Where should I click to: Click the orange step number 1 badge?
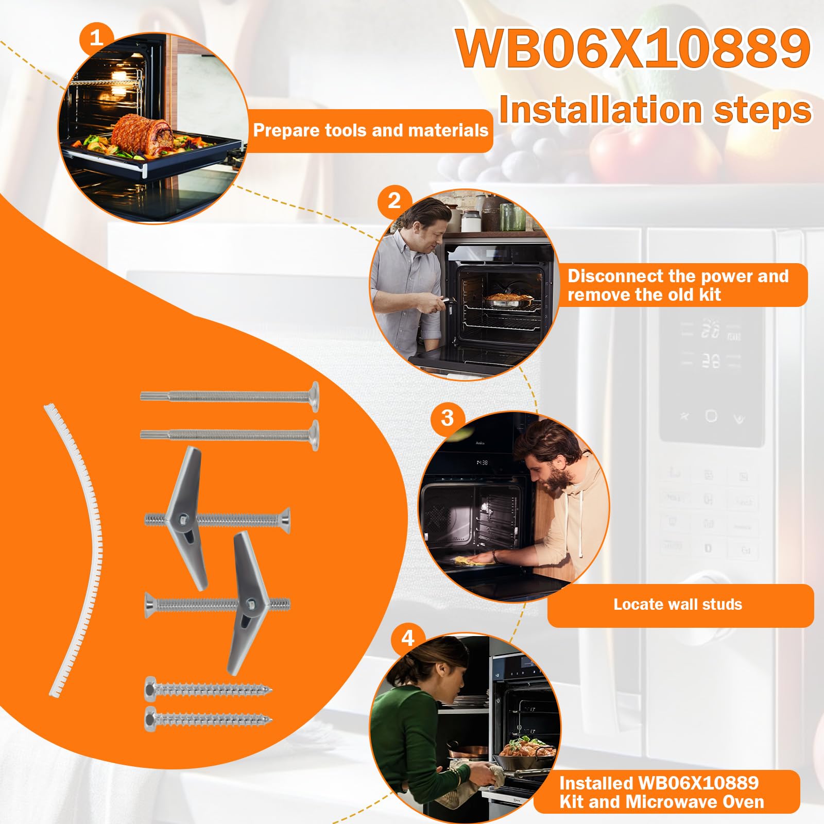tap(96, 37)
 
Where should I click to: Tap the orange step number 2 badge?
tap(394, 200)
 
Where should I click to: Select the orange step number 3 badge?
tap(447, 417)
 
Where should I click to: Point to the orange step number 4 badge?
tap(407, 639)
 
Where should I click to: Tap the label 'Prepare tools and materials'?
tap(371, 130)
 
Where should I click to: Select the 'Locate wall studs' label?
tap(678, 604)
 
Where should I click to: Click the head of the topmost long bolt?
tap(313, 397)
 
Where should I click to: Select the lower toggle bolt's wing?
tap(246, 603)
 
